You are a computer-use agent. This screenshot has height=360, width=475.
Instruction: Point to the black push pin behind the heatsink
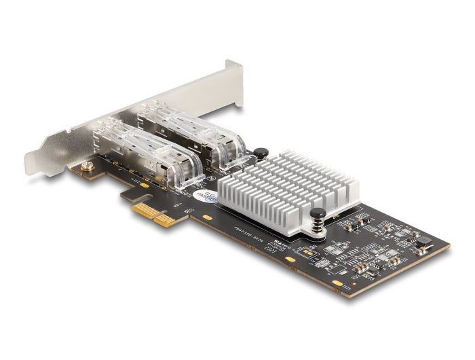click(261, 154)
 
